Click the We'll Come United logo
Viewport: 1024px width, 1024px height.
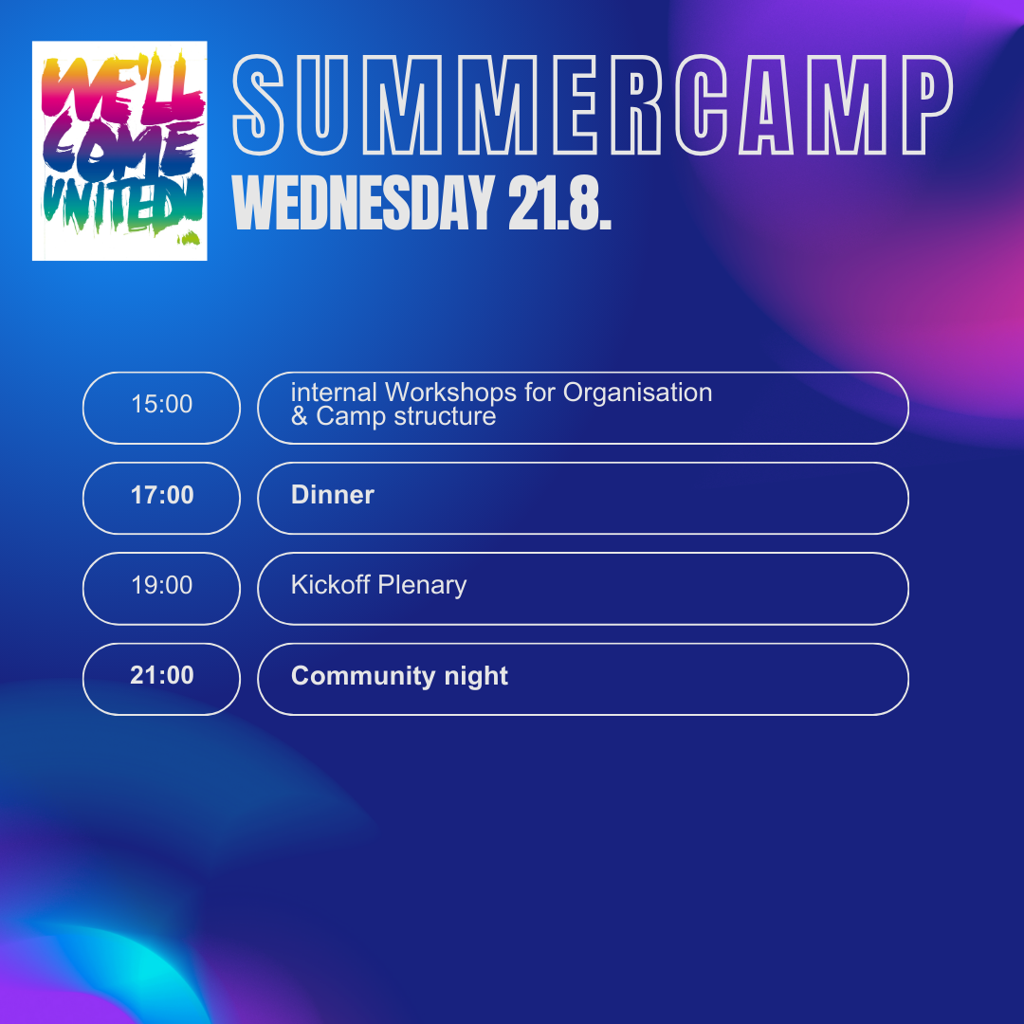[x=119, y=151]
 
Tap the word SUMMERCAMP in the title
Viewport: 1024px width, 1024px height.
[x=593, y=105]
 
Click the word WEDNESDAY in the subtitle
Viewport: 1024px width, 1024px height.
[x=363, y=203]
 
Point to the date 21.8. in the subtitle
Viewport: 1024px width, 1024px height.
[x=559, y=203]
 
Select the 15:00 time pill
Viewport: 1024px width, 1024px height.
[x=161, y=408]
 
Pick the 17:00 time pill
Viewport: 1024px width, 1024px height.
[x=161, y=499]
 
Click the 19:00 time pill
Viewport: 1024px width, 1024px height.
[x=161, y=589]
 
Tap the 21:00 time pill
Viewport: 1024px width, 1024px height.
[x=161, y=679]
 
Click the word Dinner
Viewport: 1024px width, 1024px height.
[x=333, y=494]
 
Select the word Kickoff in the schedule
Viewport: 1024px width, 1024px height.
[x=331, y=584]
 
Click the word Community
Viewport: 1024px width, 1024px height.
[x=363, y=677]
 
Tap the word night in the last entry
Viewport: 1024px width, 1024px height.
[x=476, y=677]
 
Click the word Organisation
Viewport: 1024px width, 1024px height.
[x=637, y=393]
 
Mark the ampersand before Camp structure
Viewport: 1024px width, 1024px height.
[x=299, y=416]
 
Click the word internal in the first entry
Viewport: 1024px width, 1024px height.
[x=334, y=393]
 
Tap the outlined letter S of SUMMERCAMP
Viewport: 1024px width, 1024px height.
[x=258, y=105]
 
